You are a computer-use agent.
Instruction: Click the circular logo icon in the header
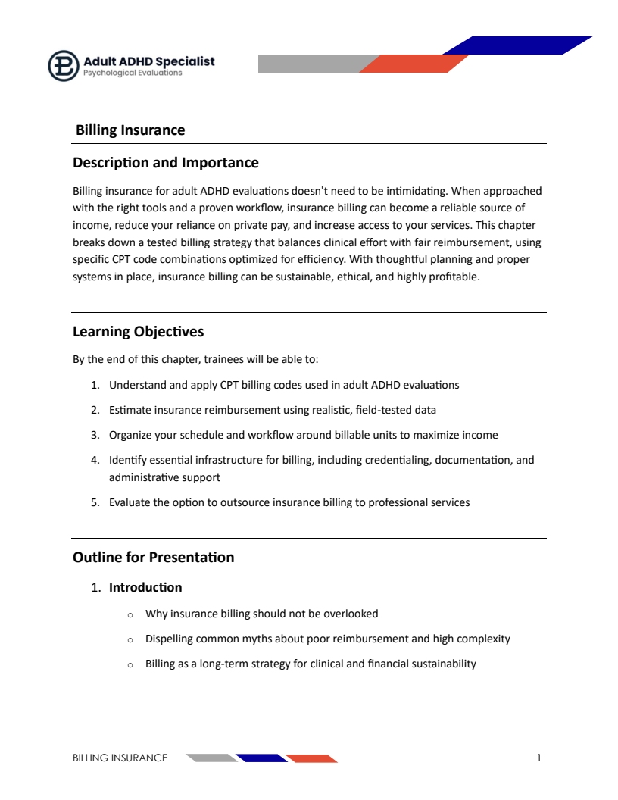64,66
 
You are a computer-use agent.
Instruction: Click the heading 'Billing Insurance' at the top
130,130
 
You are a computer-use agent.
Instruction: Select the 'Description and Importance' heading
165,163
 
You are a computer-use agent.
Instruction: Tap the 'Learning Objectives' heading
138,332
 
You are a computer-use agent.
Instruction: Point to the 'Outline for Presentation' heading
153,558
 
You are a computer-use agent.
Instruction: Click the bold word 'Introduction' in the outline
145,588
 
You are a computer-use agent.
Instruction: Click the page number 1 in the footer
539,758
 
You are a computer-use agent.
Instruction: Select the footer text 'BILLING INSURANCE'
120,758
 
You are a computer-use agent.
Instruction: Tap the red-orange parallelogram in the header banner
414,64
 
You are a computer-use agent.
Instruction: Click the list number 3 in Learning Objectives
95,435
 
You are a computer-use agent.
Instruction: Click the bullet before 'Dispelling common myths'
130,639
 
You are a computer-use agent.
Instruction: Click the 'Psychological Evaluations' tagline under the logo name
133,73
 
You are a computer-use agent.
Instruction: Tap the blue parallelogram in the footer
261,758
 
